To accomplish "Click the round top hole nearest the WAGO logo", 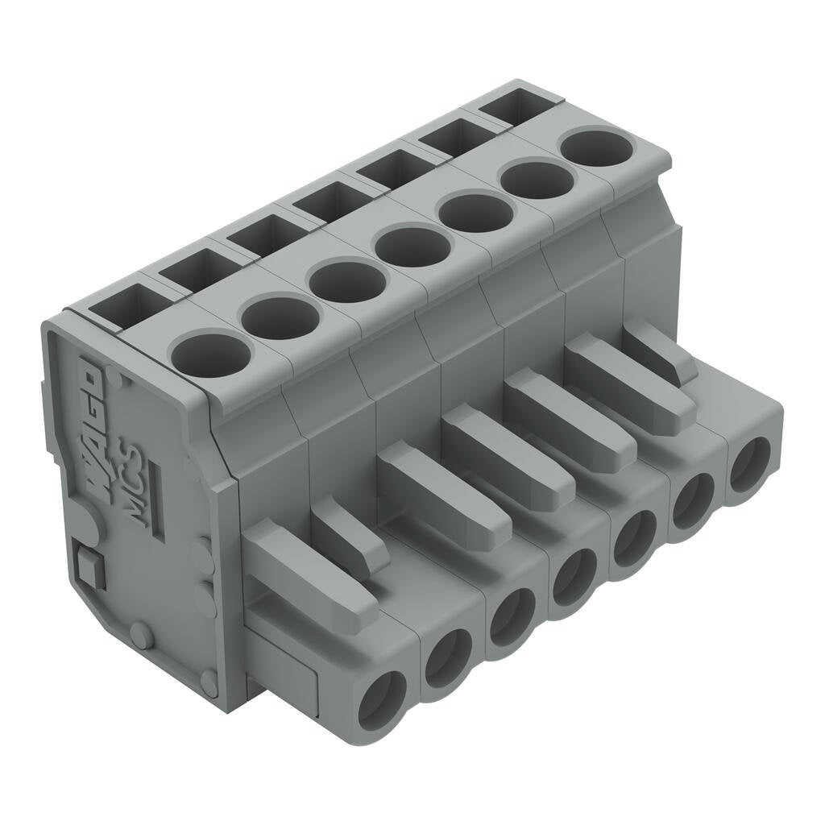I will coord(212,354).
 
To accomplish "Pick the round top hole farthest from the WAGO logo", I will coord(597,147).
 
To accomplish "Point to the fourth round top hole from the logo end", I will coord(412,247).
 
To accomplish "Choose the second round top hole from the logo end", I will coord(280,317).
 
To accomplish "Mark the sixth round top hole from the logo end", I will coord(537,180).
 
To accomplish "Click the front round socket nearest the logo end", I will coord(382,699).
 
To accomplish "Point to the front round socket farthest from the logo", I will coord(750,465).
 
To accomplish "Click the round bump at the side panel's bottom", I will coord(143,636).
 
